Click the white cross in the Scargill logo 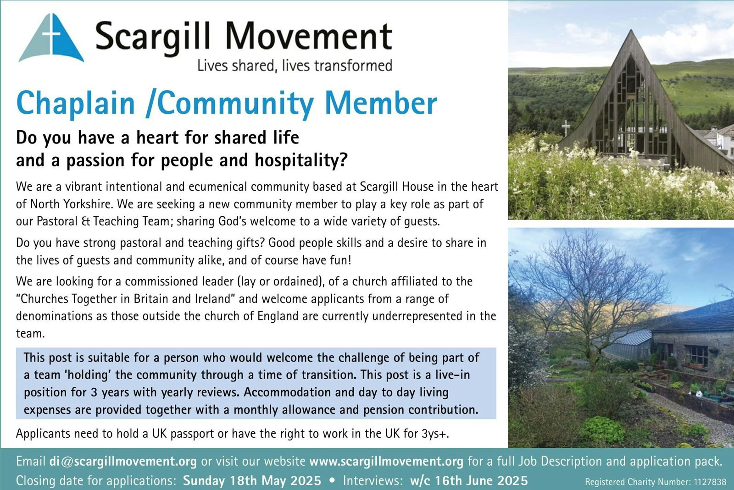click(x=52, y=34)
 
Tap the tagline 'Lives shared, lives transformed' click(x=295, y=66)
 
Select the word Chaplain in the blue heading click(x=76, y=103)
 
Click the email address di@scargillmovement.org click(x=123, y=462)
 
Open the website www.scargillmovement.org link click(x=386, y=462)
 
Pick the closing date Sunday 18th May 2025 click(x=252, y=480)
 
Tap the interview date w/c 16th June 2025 click(x=469, y=480)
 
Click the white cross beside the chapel click(x=566, y=128)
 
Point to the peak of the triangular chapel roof click(x=631, y=30)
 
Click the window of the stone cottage click(x=697, y=356)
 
